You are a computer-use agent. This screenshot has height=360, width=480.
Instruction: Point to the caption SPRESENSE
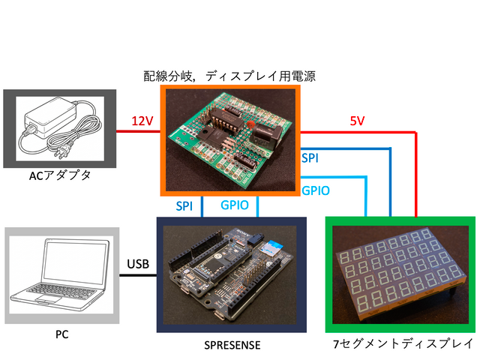[x=231, y=345]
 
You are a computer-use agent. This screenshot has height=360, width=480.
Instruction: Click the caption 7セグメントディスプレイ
[x=402, y=345]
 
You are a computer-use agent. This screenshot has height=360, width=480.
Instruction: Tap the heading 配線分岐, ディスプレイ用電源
[x=229, y=76]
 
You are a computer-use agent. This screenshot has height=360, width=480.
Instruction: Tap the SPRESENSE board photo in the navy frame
[x=230, y=274]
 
